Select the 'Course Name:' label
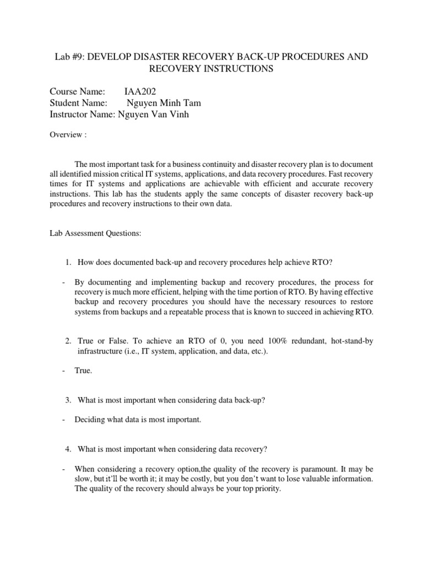[x=78, y=92]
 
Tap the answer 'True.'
[x=84, y=371]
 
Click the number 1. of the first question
[x=69, y=262]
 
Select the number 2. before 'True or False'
[x=69, y=341]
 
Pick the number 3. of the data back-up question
[x=69, y=400]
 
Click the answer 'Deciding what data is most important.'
[x=138, y=420]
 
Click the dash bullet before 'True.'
[x=64, y=371]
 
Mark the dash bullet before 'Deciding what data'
[x=64, y=420]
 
